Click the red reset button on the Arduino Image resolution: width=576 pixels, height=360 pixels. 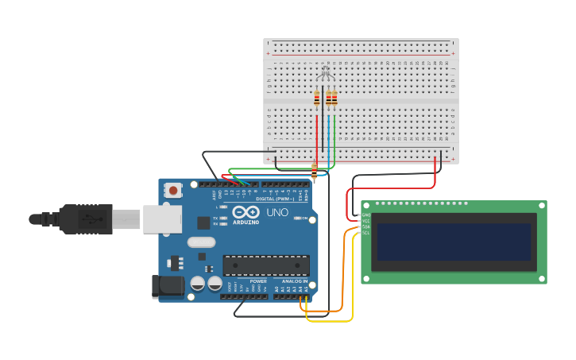point(172,190)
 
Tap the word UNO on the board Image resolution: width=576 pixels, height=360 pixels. point(276,213)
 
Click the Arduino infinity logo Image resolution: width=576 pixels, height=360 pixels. point(245,212)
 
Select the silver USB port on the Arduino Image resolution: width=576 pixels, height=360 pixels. point(162,219)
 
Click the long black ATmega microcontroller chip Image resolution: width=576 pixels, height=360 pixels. point(265,265)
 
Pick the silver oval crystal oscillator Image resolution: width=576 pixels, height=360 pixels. point(201,242)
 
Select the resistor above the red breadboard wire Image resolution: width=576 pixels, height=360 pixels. point(316,99)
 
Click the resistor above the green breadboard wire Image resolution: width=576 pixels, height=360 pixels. point(334,99)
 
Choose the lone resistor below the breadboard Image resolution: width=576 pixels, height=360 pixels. point(314,172)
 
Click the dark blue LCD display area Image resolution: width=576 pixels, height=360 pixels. point(454,242)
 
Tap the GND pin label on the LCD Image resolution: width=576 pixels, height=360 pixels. point(366,215)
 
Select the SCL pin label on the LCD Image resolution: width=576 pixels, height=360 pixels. point(366,233)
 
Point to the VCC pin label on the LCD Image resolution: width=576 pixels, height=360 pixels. point(366,221)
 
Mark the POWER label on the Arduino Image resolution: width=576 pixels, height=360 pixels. point(258,281)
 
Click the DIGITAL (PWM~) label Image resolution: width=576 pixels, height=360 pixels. point(274,199)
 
